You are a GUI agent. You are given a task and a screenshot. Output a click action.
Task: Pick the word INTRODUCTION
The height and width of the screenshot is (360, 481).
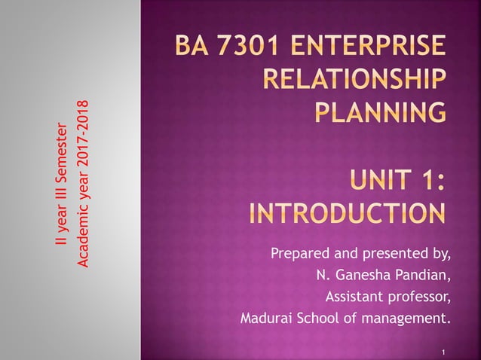[x=347, y=212]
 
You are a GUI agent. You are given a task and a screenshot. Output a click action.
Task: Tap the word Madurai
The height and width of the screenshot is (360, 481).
[x=265, y=318]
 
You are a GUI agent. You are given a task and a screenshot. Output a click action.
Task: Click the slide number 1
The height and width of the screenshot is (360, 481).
[x=445, y=352]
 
